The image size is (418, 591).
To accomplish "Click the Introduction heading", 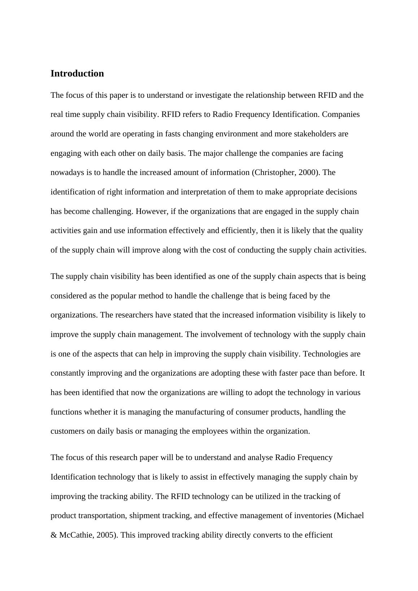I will coord(77,74).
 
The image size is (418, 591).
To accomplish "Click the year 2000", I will coord(307,172).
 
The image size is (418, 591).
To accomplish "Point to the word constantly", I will coord(68,373).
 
